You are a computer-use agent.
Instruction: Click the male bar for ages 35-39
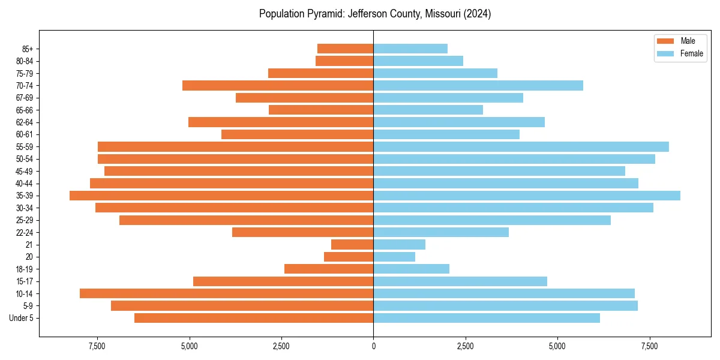tap(221, 196)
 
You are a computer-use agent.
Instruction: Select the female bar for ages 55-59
tap(521, 147)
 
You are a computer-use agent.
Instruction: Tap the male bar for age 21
tap(352, 245)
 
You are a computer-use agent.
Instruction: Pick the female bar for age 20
tap(394, 257)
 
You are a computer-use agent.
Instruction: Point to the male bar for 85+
tap(345, 49)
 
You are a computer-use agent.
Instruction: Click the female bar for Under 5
tap(487, 318)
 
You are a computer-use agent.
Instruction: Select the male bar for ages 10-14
tap(226, 293)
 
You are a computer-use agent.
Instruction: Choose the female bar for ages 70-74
tap(478, 86)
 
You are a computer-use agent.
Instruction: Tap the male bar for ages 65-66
tap(321, 110)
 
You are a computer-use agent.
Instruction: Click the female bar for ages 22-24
tap(441, 232)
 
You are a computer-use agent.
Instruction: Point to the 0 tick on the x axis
tap(373, 346)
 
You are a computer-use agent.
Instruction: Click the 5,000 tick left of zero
tap(190, 346)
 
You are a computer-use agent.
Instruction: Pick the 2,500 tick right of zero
tap(465, 346)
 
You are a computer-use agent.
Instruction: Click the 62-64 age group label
tap(25, 122)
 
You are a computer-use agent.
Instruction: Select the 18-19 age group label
tap(25, 269)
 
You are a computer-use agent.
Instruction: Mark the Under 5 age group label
tap(22, 318)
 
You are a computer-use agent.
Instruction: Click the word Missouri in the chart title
tap(443, 14)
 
